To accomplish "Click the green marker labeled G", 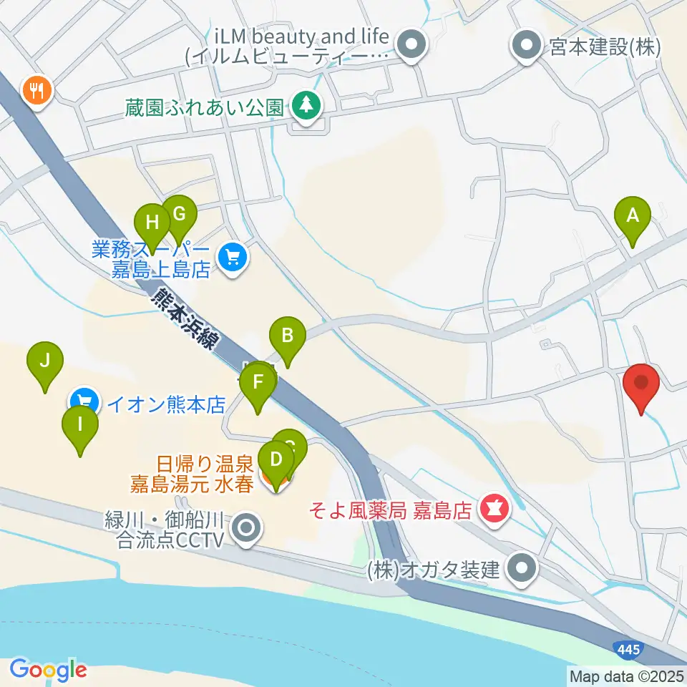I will coord(179,215).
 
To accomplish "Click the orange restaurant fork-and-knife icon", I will coord(35,91).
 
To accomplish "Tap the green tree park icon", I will coord(306,106).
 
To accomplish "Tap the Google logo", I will coord(48,670).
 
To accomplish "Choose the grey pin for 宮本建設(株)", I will coord(527,47).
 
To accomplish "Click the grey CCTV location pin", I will coord(248,530).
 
